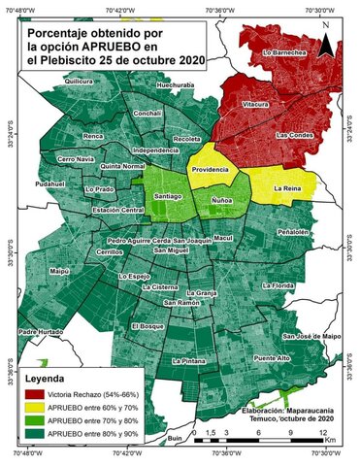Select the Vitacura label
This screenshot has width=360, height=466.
pos(255,102)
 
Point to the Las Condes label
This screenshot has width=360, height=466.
pos(292,135)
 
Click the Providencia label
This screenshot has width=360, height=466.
pos(211,169)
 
